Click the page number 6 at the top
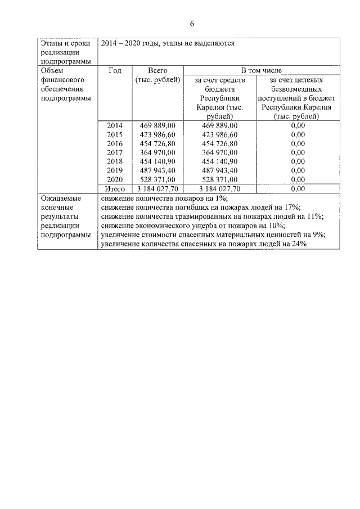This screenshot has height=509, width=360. [192, 24]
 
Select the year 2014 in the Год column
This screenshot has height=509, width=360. [115, 125]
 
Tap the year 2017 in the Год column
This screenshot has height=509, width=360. [115, 152]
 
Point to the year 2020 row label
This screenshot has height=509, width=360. [115, 179]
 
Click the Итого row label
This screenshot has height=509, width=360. [115, 189]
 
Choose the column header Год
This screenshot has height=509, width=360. [115, 71]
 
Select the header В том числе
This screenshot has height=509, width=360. [262, 71]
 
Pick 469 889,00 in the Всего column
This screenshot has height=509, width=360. [158, 125]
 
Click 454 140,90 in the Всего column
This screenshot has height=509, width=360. [158, 161]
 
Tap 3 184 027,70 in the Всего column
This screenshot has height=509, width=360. [158, 189]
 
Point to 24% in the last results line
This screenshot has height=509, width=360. [298, 243]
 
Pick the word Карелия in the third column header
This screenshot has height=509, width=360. [211, 107]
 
